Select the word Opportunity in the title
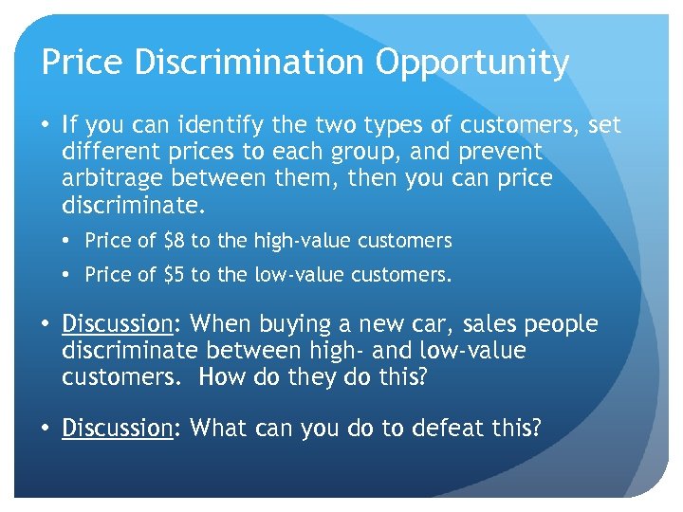click(x=471, y=63)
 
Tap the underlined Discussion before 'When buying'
click(x=115, y=324)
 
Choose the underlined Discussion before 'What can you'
click(x=115, y=428)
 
